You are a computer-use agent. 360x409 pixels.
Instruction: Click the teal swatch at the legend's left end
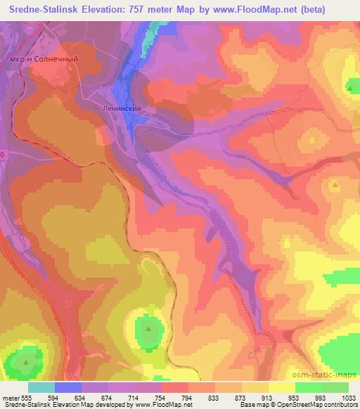point(41,387)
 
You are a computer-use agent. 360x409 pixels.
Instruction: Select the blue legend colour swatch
point(68,387)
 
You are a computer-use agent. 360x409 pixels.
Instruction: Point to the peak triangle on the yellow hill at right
point(335,184)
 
